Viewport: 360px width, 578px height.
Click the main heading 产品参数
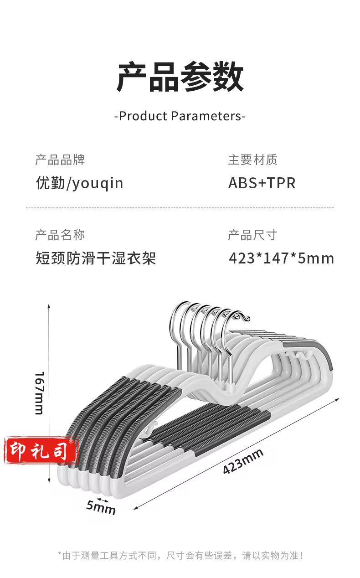180,77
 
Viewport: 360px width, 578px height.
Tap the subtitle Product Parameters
180,116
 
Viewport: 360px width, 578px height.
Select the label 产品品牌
60,160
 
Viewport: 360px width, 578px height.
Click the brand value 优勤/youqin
80,183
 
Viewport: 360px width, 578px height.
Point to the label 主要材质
253,160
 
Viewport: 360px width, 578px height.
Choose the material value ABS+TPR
262,183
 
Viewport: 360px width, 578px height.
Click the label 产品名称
60,235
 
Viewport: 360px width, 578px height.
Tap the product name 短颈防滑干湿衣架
96,258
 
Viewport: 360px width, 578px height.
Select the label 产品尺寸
253,235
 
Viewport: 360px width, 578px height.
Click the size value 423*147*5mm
281,258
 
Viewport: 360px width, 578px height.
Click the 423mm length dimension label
243,461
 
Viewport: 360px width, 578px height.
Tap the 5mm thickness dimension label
101,507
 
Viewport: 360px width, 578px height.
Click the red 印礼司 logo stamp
40,450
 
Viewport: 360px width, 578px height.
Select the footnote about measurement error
180,556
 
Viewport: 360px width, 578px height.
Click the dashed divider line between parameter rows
180,208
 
